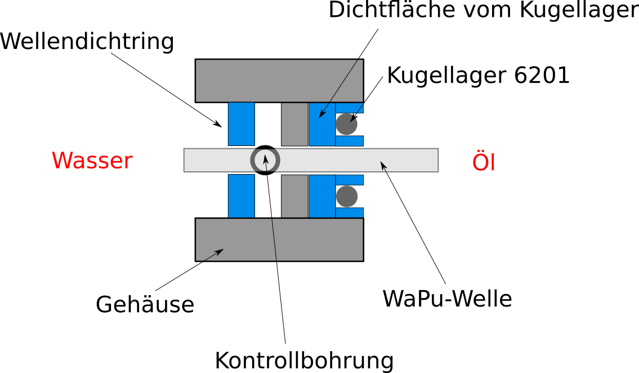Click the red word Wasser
click(x=92, y=161)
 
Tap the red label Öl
click(x=484, y=163)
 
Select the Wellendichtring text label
click(x=87, y=41)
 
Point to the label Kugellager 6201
click(x=479, y=76)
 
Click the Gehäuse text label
click(x=145, y=305)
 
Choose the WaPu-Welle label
click(x=448, y=299)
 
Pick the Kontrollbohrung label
click(x=304, y=360)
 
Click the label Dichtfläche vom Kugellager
click(x=483, y=10)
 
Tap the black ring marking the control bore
click(x=264, y=160)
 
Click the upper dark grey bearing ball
click(x=346, y=124)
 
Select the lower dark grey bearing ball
click(x=346, y=196)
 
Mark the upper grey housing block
click(x=279, y=80)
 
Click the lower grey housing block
click(x=279, y=239)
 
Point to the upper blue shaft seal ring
click(x=241, y=124)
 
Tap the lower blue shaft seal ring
click(x=241, y=196)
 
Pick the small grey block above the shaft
click(x=294, y=124)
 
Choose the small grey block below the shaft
click(x=294, y=196)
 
